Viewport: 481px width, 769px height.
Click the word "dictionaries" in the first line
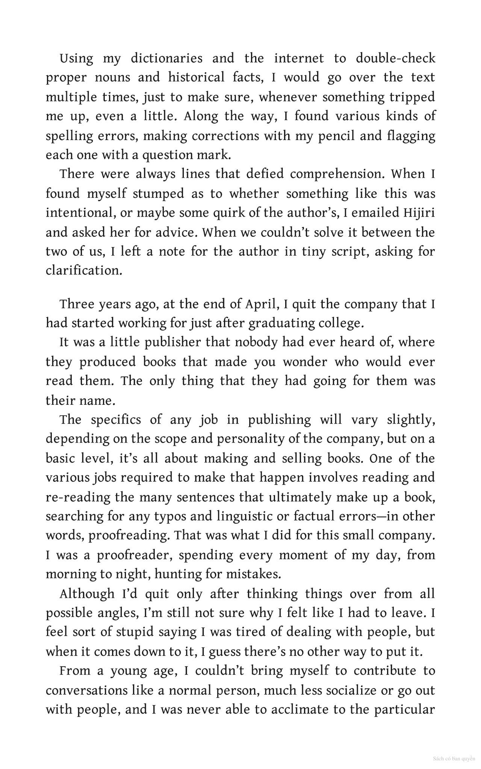pyautogui.click(x=166, y=59)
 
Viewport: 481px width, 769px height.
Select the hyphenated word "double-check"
pyautogui.click(x=395, y=59)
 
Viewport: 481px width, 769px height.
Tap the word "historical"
pyautogui.click(x=196, y=78)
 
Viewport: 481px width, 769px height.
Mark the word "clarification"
pyautogui.click(x=84, y=270)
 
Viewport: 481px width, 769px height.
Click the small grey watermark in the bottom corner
pyautogui.click(x=454, y=759)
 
